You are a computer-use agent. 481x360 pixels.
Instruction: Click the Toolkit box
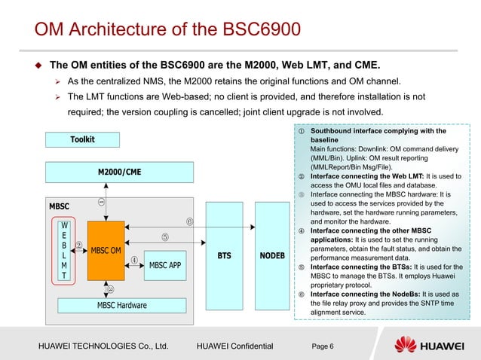82,139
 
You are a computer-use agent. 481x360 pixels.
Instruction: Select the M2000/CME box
119,172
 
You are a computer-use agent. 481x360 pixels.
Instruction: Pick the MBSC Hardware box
121,305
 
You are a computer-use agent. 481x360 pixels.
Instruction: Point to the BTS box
224,256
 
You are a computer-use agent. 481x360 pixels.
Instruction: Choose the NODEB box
271,256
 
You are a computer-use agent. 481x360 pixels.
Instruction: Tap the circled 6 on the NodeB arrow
191,221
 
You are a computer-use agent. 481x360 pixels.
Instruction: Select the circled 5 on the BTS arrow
164,238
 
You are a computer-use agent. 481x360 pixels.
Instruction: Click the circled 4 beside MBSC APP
133,261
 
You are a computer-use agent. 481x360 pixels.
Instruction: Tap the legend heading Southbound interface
378,131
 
